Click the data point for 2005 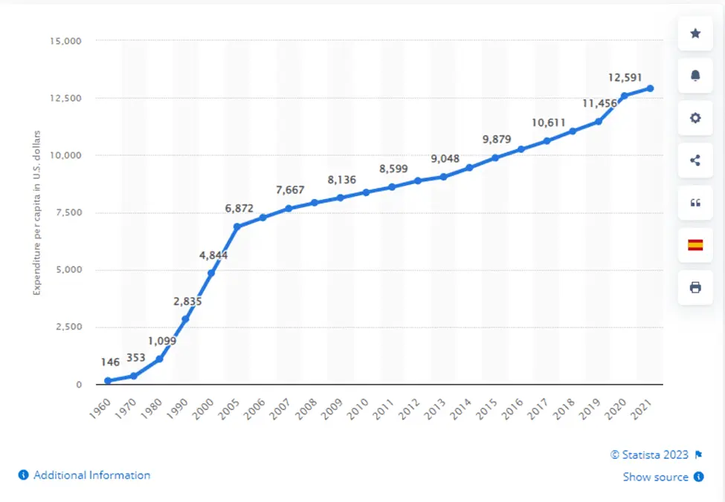click(237, 226)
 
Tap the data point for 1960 click(108, 381)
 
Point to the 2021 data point click(650, 88)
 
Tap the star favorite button click(695, 33)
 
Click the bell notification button click(695, 76)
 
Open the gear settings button click(695, 118)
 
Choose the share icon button click(695, 160)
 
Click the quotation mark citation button click(695, 203)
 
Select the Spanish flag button click(695, 245)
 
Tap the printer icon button click(695, 287)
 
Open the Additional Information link click(91, 475)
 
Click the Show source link click(655, 477)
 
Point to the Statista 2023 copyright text click(650, 454)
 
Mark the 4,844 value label click(213, 255)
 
